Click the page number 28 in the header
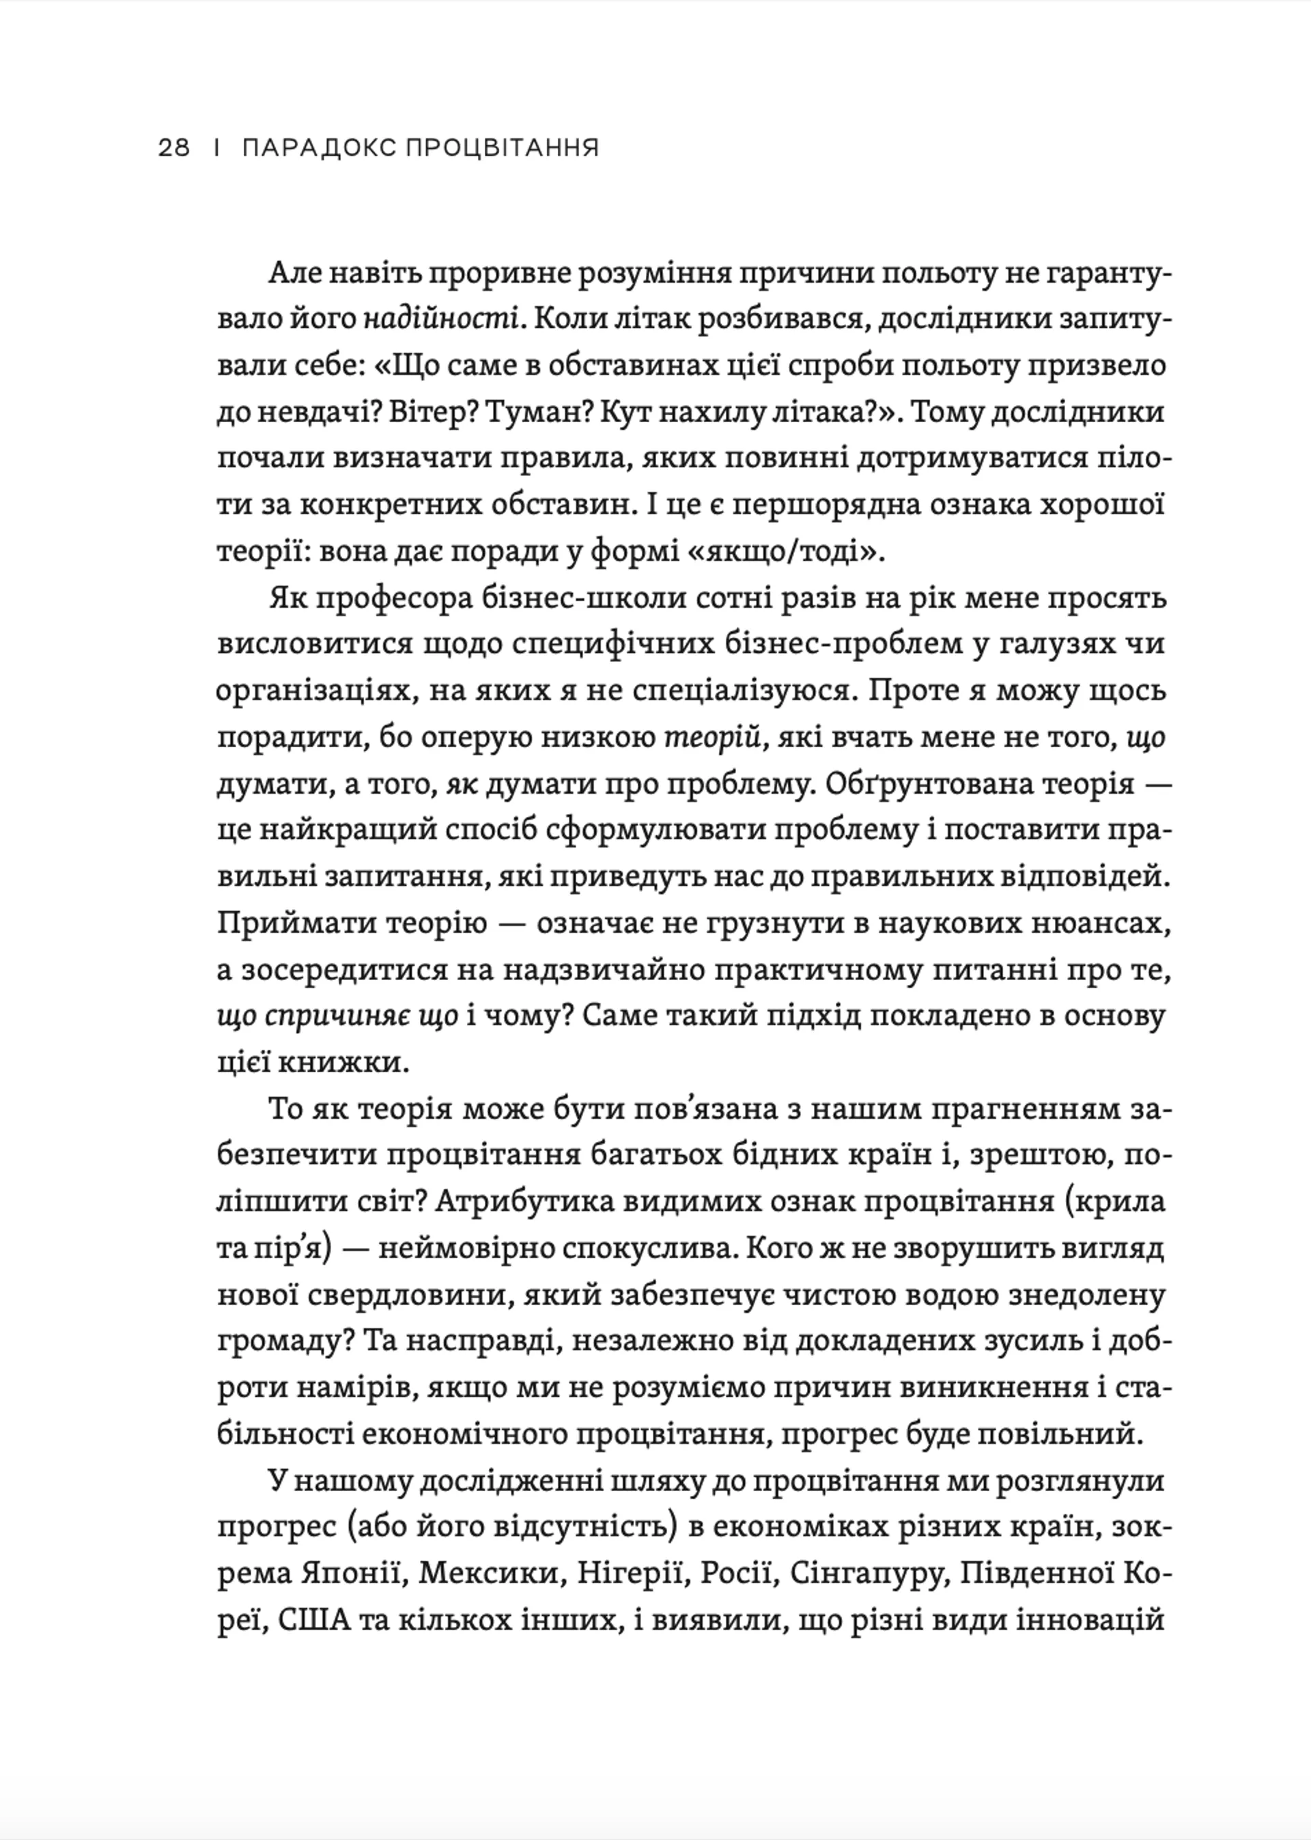tap(173, 149)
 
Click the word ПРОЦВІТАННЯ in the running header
tap(501, 149)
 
